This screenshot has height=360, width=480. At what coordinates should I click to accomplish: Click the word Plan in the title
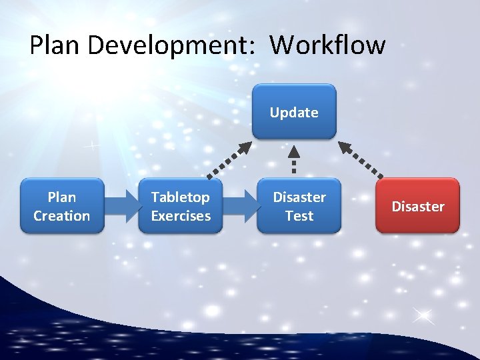coord(55,45)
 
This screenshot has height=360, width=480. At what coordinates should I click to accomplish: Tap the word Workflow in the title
coord(327,45)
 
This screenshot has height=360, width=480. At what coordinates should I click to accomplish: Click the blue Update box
coord(294,111)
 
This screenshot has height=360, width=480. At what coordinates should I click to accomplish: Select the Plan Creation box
coord(62,206)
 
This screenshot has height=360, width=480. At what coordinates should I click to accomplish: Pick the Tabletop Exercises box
coord(181,206)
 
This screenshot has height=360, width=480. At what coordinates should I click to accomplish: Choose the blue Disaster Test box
coord(299,206)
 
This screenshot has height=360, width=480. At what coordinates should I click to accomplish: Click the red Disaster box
coord(417,206)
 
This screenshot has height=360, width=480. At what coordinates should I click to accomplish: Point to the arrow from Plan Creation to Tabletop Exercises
coord(121,206)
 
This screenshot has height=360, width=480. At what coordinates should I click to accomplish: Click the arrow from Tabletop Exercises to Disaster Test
coord(240,206)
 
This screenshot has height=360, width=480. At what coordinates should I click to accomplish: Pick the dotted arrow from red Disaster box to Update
coord(361,160)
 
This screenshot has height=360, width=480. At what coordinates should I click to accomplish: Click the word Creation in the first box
coord(62,216)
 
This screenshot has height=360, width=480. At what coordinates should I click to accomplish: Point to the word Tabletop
coord(181,197)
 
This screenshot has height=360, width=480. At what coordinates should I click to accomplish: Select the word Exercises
coord(181,216)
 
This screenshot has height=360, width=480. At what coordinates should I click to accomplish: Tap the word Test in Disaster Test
coord(299,216)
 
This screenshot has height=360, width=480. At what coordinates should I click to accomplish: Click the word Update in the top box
coord(294,113)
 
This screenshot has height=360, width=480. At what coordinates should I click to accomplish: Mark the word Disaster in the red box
coord(417,207)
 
